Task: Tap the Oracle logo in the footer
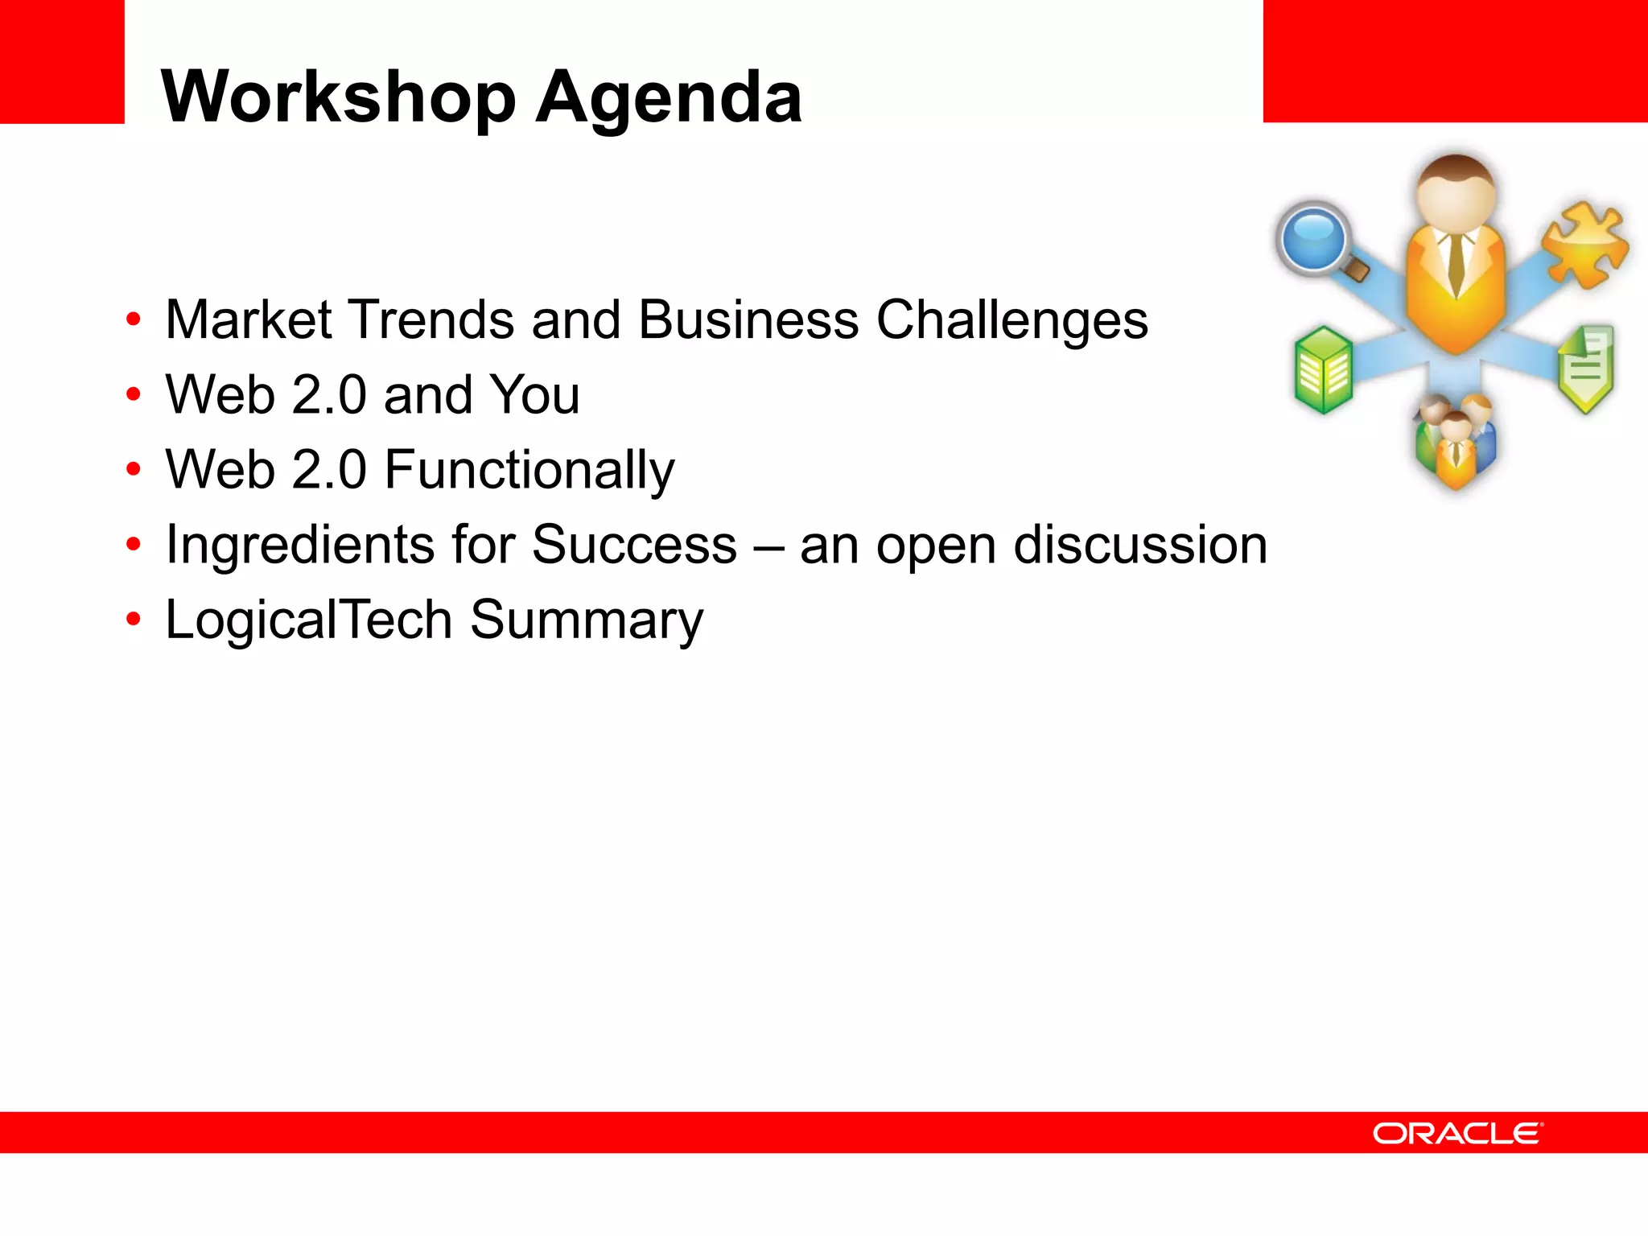pyautogui.click(x=1457, y=1133)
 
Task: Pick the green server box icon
pyautogui.click(x=1323, y=370)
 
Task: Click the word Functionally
pyautogui.click(x=529, y=470)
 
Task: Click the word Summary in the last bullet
pyautogui.click(x=587, y=620)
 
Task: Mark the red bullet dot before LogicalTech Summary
pyautogui.click(x=133, y=620)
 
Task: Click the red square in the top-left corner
pyautogui.click(x=62, y=61)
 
